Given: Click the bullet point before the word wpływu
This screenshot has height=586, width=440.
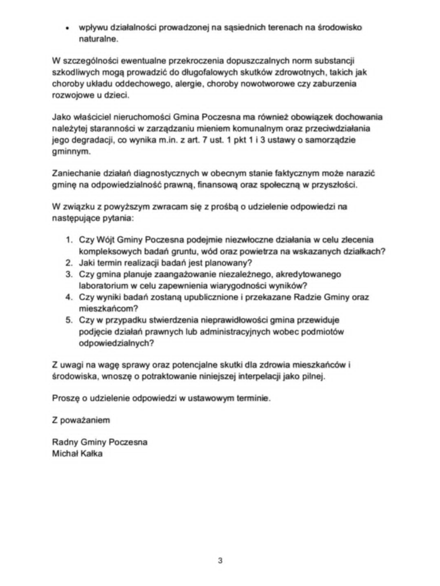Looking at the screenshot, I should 68,27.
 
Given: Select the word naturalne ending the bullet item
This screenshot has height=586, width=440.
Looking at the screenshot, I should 99,39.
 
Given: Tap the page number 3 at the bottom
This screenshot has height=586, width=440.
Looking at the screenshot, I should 220,560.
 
